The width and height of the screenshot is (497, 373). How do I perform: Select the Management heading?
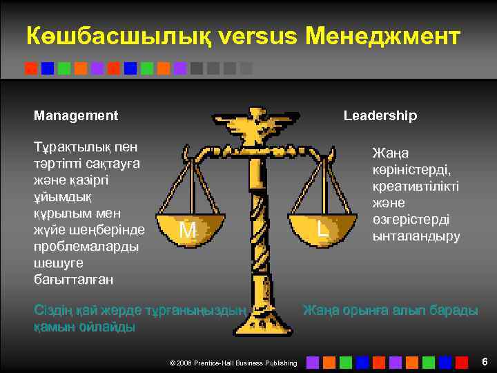[x=76, y=115]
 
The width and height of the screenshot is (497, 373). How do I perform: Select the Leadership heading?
[x=380, y=115]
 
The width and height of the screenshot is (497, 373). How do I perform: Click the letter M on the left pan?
[x=188, y=229]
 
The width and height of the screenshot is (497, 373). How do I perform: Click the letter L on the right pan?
[x=322, y=229]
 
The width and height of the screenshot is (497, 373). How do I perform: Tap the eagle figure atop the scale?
[x=255, y=128]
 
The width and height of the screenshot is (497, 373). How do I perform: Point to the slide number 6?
[x=485, y=361]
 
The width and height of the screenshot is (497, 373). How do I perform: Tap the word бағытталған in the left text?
[x=74, y=280]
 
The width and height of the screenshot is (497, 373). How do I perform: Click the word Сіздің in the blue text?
[x=55, y=311]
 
